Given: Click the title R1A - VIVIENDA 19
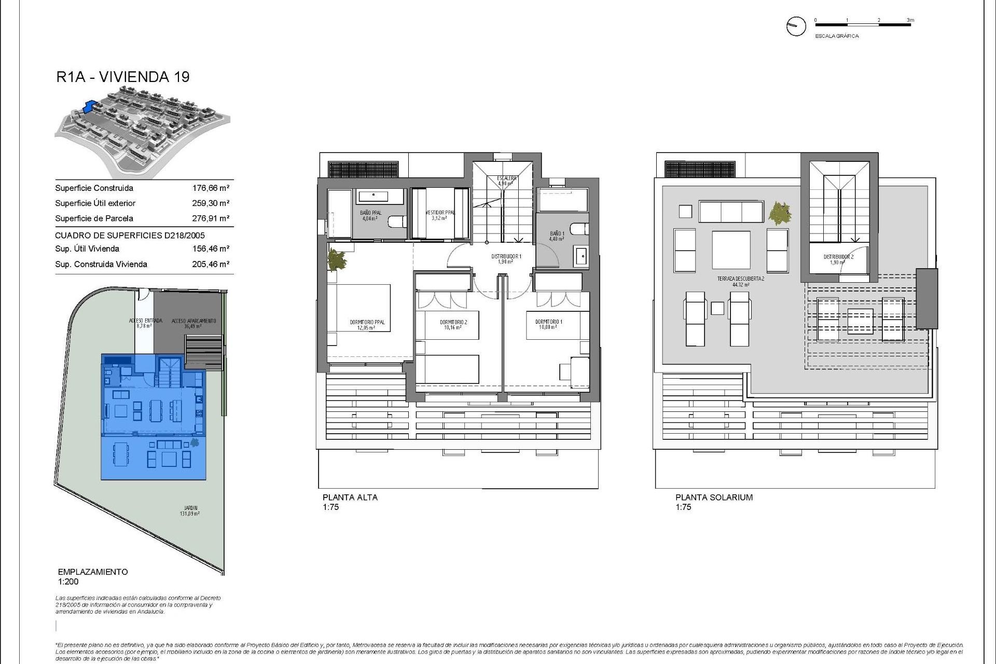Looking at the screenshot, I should [123, 77].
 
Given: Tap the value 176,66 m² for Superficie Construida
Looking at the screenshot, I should [211, 188].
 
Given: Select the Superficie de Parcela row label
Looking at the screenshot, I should [94, 218].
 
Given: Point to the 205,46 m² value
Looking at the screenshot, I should [211, 264].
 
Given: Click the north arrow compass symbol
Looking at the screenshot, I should [796, 26].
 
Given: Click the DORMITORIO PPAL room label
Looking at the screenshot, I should [367, 322].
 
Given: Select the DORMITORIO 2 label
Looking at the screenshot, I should [453, 322].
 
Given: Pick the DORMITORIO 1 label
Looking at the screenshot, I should [548, 322].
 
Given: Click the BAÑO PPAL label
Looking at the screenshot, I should [370, 213].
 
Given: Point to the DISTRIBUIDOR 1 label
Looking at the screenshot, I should [506, 256].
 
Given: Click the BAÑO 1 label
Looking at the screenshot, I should [557, 233].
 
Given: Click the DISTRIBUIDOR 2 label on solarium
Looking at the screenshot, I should [838, 257].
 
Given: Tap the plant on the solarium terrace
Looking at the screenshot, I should [780, 213].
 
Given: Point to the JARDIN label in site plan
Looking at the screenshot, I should [190, 508].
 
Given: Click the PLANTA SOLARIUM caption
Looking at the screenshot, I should [713, 497].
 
